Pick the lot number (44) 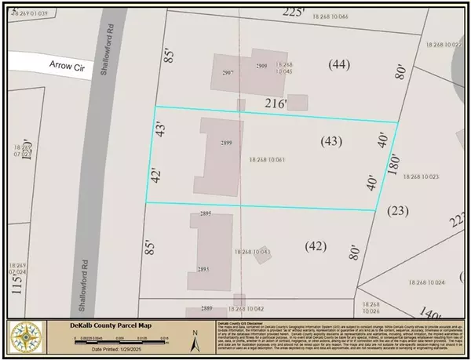pyautogui.click(x=339, y=65)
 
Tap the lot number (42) pyautogui.click(x=316, y=245)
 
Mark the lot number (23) pyautogui.click(x=397, y=209)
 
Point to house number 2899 pyautogui.click(x=228, y=144)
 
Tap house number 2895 pyautogui.click(x=207, y=213)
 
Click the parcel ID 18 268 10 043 pyautogui.click(x=252, y=252)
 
